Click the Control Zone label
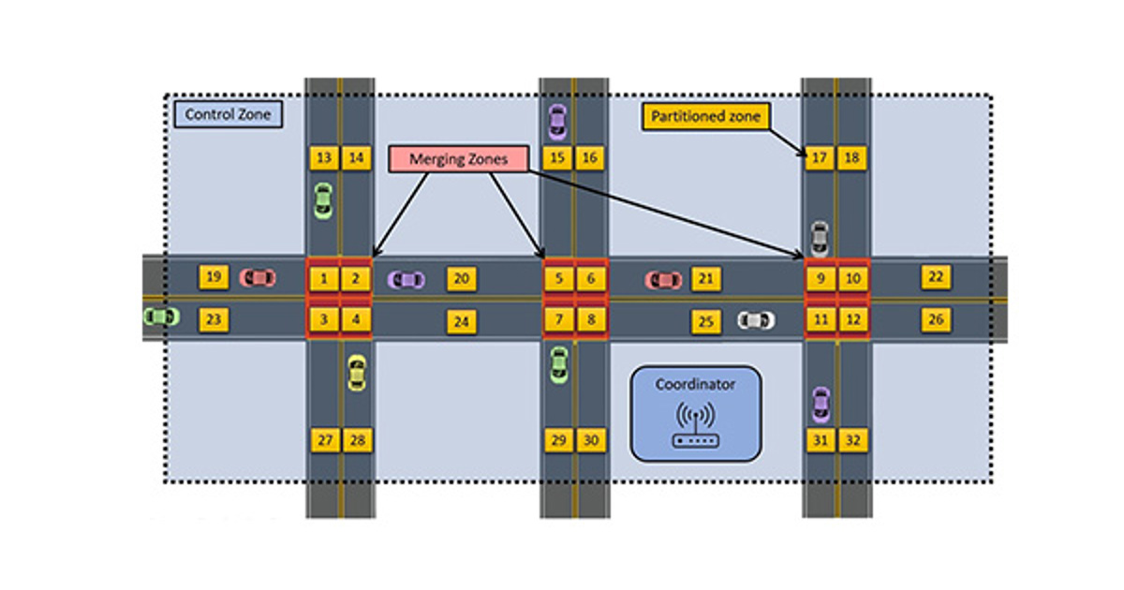(228, 115)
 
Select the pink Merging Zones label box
(458, 159)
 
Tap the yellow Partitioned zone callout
(706, 117)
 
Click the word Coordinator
(695, 384)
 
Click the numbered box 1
(324, 278)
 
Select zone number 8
(590, 320)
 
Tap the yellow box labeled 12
(852, 320)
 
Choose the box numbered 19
(214, 277)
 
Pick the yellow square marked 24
(461, 321)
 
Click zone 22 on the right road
(935, 277)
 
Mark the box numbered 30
(590, 440)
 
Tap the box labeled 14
(356, 158)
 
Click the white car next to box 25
(756, 320)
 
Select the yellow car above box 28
(356, 372)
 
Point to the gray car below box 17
(820, 238)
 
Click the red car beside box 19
(258, 278)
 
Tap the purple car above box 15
(557, 120)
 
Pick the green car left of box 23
(161, 317)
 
